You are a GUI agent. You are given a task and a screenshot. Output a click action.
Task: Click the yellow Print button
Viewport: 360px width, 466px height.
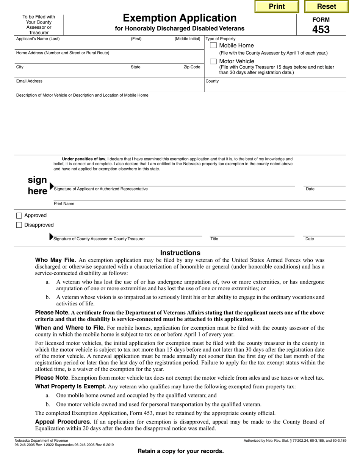point(277,6)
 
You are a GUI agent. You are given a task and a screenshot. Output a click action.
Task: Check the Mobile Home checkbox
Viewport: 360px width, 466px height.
point(213,45)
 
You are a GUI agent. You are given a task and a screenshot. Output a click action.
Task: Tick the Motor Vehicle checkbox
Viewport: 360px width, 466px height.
point(213,61)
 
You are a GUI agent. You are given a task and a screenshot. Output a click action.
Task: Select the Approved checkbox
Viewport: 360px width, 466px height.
point(19,216)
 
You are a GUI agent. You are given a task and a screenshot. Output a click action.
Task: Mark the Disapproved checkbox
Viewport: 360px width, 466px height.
point(19,225)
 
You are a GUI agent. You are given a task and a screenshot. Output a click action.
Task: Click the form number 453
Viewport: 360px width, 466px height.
point(321,30)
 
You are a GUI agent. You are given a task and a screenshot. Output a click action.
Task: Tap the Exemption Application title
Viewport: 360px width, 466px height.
point(180,18)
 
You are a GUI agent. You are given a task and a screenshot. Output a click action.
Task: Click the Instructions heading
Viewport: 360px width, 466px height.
point(180,253)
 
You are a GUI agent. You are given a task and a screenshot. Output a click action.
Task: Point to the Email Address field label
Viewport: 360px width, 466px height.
point(29,81)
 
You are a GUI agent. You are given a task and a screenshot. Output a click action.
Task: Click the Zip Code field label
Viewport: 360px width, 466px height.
point(192,67)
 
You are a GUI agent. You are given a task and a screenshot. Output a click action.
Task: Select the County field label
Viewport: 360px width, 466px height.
point(212,81)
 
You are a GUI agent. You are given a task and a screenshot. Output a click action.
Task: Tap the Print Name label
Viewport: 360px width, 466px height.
point(64,203)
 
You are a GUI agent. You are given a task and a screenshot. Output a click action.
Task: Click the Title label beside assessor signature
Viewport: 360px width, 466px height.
point(214,239)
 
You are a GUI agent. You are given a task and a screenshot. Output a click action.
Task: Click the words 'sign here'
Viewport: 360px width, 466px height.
point(37,186)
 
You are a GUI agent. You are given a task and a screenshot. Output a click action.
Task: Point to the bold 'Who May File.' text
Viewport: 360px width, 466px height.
point(56,260)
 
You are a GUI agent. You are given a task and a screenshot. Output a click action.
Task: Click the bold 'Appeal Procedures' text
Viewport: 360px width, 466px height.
point(63,422)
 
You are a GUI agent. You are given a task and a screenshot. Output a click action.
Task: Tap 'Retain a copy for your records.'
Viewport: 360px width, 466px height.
point(180,451)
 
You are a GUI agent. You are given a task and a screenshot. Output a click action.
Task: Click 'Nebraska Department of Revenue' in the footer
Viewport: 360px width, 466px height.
point(41,441)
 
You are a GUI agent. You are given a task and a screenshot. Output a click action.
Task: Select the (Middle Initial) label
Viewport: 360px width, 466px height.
point(187,39)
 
